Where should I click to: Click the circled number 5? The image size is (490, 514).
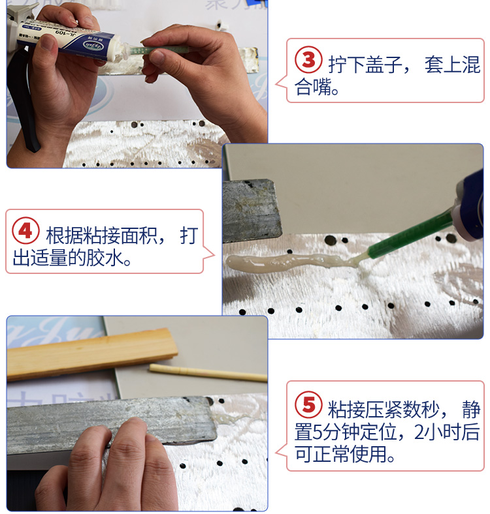pos(308,405)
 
